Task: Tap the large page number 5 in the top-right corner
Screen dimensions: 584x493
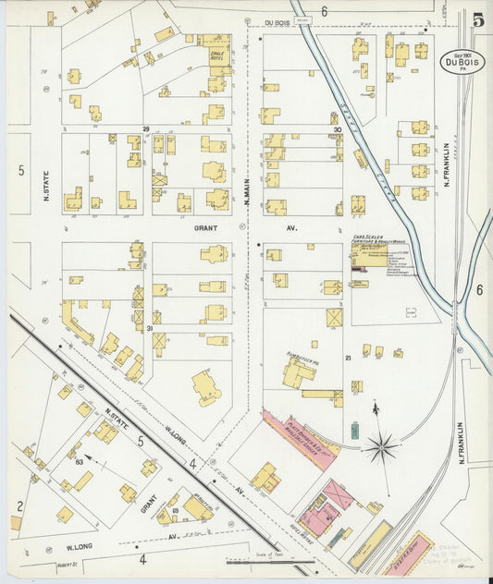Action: [476, 19]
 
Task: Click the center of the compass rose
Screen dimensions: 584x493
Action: [380, 448]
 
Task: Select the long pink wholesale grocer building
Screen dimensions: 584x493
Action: [297, 439]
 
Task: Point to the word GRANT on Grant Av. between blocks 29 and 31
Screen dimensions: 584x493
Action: [204, 225]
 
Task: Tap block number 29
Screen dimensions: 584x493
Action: [145, 128]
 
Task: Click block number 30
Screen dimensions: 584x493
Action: [338, 129]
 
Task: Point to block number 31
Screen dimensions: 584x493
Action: [149, 328]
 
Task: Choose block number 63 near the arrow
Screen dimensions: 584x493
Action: [80, 459]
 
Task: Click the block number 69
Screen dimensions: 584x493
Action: [174, 510]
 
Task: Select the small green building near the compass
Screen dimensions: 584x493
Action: [354, 431]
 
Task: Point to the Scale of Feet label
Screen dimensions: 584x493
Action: [253, 552]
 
